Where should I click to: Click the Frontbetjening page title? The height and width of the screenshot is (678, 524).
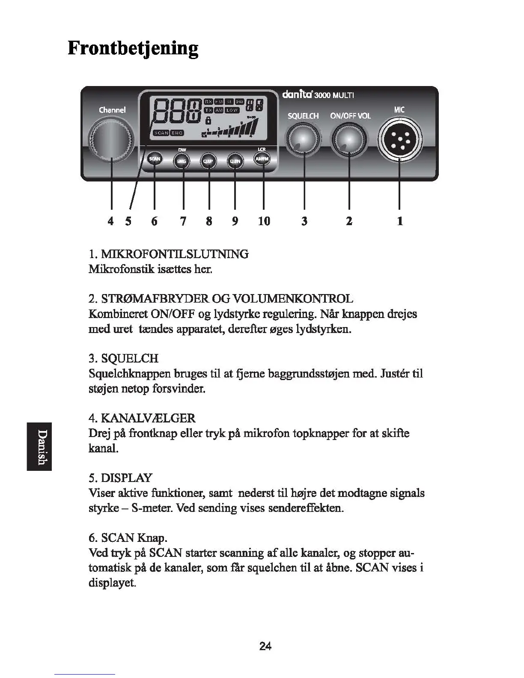click(133, 48)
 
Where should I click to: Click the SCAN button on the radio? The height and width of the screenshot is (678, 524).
click(154, 159)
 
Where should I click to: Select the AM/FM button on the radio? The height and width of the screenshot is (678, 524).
click(262, 159)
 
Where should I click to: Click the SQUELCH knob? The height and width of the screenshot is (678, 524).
click(303, 141)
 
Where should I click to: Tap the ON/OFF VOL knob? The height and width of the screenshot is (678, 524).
click(349, 141)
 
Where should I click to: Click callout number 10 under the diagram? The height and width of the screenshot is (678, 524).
click(264, 221)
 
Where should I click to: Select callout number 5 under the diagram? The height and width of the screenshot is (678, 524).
click(128, 221)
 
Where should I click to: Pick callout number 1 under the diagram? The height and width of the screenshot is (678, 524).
click(400, 221)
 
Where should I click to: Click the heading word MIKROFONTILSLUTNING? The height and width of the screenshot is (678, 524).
click(174, 254)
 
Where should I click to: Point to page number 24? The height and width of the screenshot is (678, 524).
click(265, 646)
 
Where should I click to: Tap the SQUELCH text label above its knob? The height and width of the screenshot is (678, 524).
click(303, 116)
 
